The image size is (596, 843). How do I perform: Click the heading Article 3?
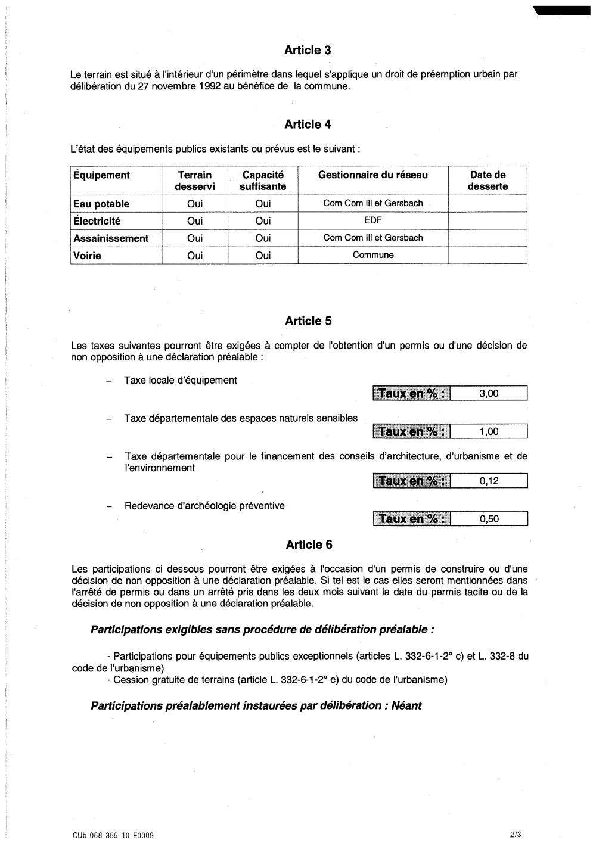[x=308, y=51]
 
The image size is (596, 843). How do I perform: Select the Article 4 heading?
[x=308, y=125]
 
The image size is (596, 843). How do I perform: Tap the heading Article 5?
[x=308, y=321]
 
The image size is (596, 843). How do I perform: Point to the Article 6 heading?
[x=309, y=545]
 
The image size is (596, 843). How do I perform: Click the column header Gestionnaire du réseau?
[x=372, y=175]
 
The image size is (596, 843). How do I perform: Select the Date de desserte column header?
[x=488, y=181]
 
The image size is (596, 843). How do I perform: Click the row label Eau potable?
[x=101, y=204]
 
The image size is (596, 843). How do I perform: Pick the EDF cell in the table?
[x=372, y=220]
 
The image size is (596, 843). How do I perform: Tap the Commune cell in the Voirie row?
[x=373, y=255]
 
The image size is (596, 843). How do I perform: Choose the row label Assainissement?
[x=111, y=238]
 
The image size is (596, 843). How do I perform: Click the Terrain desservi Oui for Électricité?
[x=195, y=221]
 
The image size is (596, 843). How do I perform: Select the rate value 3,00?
[x=489, y=394]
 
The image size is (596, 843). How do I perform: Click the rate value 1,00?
[x=489, y=432]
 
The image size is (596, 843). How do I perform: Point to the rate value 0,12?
[x=489, y=481]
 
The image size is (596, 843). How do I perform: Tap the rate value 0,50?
[x=489, y=519]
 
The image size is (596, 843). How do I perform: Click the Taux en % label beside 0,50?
[x=412, y=519]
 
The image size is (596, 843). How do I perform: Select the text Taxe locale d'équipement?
[x=181, y=380]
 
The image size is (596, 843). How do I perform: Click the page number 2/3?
[x=516, y=835]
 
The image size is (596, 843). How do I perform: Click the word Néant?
[x=406, y=706]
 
